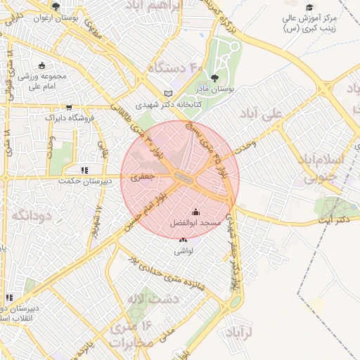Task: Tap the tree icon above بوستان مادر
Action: coord(214,79)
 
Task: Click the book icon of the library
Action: coord(167,93)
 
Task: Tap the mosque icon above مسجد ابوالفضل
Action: coord(195,212)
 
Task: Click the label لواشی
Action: coord(184,250)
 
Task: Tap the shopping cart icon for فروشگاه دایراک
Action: coord(69,108)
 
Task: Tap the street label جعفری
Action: coord(142,178)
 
